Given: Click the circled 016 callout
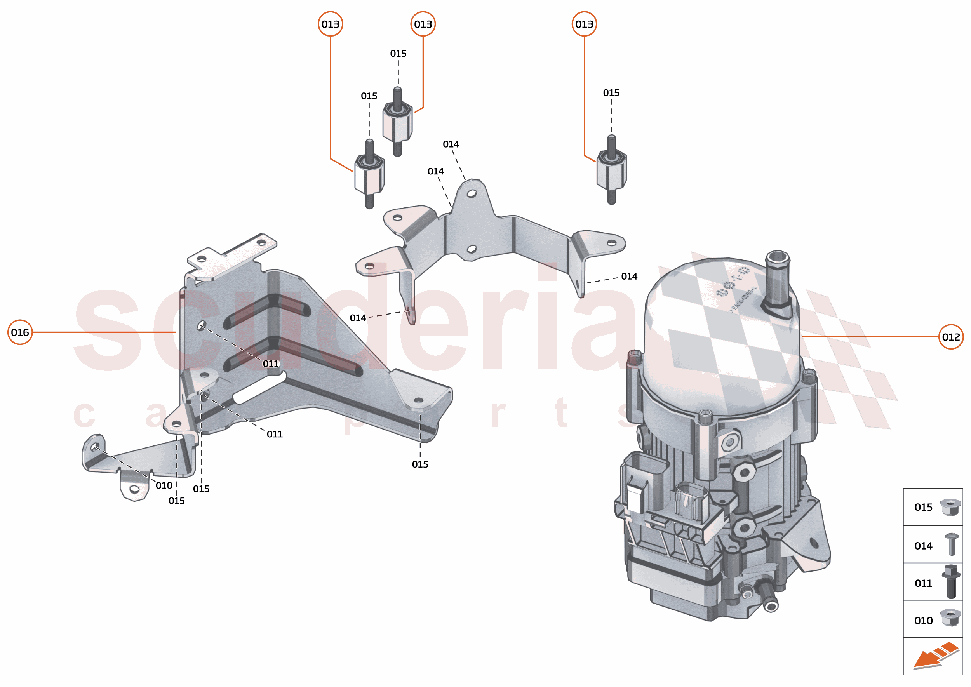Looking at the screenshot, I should click(20, 332).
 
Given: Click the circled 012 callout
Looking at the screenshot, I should click(951, 337).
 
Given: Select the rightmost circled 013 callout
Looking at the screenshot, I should click(584, 24).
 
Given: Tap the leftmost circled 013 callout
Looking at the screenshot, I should click(331, 24).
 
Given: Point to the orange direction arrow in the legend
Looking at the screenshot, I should click(935, 657).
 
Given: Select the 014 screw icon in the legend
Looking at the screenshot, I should click(951, 544).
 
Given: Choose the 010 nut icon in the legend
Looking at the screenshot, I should click(950, 619).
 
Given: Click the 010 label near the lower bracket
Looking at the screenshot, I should click(164, 485).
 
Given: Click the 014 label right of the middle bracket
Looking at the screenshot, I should click(629, 277).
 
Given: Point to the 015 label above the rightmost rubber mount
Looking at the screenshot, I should click(611, 93).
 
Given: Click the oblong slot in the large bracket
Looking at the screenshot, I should click(259, 387).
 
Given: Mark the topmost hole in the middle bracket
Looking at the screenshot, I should click(472, 194).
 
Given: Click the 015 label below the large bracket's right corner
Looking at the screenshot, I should click(420, 464).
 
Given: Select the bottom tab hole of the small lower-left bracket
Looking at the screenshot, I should click(134, 490).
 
